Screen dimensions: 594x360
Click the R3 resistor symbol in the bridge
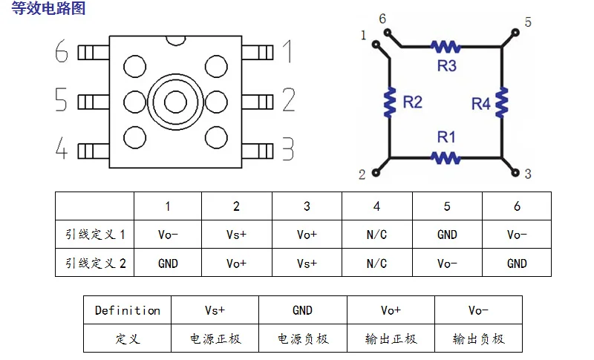(x=446, y=47)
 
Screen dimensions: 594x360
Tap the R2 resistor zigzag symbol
(x=390, y=102)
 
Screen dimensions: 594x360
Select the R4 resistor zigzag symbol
(x=502, y=102)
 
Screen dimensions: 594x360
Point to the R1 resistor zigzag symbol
(x=446, y=157)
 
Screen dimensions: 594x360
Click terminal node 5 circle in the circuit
(x=515, y=33)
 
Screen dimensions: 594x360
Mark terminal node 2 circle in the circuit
(x=376, y=173)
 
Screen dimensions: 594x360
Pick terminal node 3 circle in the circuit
(x=515, y=173)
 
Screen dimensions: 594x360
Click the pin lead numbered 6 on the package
(x=94, y=53)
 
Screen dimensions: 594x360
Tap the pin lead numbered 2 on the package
(x=257, y=102)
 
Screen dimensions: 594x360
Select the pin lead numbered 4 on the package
(x=94, y=151)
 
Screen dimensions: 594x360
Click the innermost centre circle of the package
(x=175, y=102)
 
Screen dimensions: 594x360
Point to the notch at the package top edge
(x=176, y=41)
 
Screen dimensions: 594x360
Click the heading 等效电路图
(x=48, y=8)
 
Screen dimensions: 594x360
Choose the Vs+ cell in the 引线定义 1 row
(x=236, y=235)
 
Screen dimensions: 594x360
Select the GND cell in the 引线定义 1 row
(x=447, y=235)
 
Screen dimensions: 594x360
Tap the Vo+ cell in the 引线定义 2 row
(x=236, y=263)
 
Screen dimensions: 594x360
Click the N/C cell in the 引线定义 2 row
(x=376, y=263)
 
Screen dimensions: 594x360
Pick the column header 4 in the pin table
(x=376, y=206)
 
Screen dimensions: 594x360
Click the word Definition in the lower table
(x=127, y=310)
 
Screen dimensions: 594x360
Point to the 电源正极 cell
(x=215, y=338)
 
